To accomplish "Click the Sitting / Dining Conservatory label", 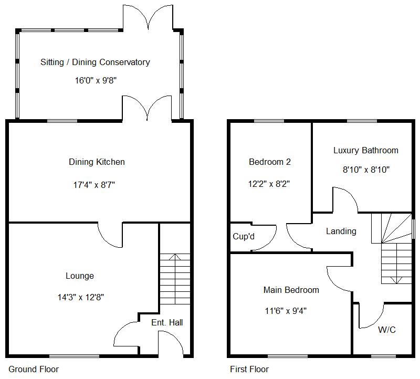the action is tap(95, 62).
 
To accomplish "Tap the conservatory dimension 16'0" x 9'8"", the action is tap(96, 80).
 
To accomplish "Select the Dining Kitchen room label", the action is tap(97, 162).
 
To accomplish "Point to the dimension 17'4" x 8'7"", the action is tap(94, 185).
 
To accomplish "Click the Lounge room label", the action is tap(80, 276).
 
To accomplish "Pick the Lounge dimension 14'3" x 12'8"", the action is tap(81, 297).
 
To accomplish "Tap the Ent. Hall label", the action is tap(167, 322).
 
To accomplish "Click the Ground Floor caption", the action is tap(34, 369).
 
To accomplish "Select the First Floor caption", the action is tap(249, 369).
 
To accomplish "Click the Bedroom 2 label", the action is tap(270, 162).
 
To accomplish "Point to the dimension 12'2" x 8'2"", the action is tap(269, 184).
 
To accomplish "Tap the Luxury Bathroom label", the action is tap(365, 151).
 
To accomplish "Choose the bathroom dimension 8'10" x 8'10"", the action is tap(366, 170).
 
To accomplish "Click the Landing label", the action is tap(341, 231).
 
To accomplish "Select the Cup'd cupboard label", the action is tap(244, 236).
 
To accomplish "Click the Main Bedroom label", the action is tap(291, 290).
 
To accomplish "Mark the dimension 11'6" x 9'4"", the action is tap(286, 311).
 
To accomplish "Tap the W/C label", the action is tap(387, 330).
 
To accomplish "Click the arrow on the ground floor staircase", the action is tap(175, 279).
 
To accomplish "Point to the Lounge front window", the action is tap(74, 356).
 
